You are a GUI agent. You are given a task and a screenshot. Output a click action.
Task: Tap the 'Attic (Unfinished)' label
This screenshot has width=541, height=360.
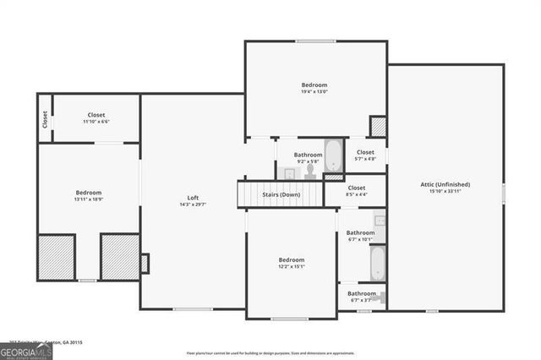445,184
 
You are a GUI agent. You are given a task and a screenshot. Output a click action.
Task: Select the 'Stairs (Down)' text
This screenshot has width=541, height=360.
281,194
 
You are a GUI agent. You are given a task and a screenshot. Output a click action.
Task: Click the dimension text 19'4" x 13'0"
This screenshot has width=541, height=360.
314,92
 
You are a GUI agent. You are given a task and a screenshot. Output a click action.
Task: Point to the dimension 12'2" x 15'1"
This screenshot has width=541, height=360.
292,267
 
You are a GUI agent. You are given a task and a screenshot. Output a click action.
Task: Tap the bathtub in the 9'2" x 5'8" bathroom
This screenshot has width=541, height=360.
334,156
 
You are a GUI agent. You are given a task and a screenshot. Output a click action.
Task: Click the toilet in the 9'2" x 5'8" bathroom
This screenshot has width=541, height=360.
310,171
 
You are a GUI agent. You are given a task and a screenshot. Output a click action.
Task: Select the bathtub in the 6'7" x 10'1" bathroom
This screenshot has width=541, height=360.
377,263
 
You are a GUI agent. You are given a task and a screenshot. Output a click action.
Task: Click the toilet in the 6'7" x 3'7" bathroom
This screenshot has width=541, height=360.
381,296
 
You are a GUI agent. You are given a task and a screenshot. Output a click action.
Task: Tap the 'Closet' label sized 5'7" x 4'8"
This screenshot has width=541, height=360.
365,152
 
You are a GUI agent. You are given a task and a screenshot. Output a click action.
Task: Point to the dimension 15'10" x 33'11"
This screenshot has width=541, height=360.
445,191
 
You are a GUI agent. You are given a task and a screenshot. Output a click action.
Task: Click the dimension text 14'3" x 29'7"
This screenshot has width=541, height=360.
193,205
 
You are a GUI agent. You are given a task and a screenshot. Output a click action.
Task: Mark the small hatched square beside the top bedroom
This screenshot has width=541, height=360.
378,127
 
